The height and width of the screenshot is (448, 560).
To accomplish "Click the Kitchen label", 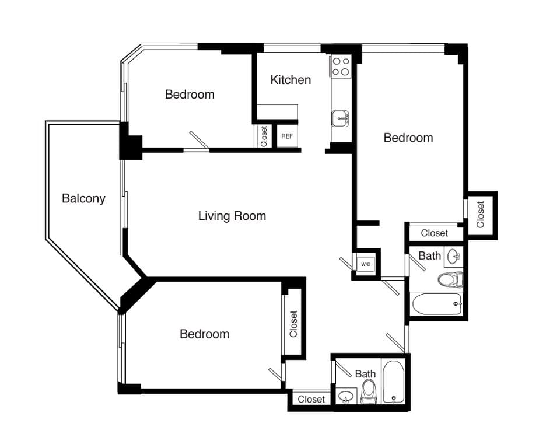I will pyautogui.click(x=290, y=80).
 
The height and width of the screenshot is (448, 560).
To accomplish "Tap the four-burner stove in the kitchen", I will pyautogui.click(x=341, y=66).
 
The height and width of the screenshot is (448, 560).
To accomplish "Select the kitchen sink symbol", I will pyautogui.click(x=341, y=119).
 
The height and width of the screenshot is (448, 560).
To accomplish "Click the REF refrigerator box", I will pyautogui.click(x=287, y=136).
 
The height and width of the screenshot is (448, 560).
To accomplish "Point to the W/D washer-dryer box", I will pyautogui.click(x=366, y=264).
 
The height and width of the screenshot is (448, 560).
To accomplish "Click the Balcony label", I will pyautogui.click(x=83, y=198).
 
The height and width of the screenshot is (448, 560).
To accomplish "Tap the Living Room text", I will pyautogui.click(x=232, y=216).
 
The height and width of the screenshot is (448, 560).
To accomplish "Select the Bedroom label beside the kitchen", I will pyautogui.click(x=189, y=94).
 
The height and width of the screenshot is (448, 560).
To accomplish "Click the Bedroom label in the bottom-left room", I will pyautogui.click(x=204, y=334).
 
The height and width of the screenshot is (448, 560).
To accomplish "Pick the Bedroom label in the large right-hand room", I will pyautogui.click(x=408, y=138).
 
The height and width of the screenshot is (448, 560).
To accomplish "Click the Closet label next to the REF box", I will pyautogui.click(x=264, y=136).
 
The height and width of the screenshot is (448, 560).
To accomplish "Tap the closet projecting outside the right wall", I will pyautogui.click(x=481, y=215).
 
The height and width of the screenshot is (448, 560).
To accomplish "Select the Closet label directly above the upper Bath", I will pyautogui.click(x=435, y=233).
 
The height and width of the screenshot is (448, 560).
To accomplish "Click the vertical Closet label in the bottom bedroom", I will pyautogui.click(x=293, y=324).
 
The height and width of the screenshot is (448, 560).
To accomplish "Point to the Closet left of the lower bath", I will pyautogui.click(x=311, y=400).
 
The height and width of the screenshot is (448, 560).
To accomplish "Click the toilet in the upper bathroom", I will pyautogui.click(x=450, y=280).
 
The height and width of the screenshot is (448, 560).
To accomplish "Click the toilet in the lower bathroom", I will pyautogui.click(x=369, y=391).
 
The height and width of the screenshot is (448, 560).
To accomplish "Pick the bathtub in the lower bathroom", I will pyautogui.click(x=394, y=381).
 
